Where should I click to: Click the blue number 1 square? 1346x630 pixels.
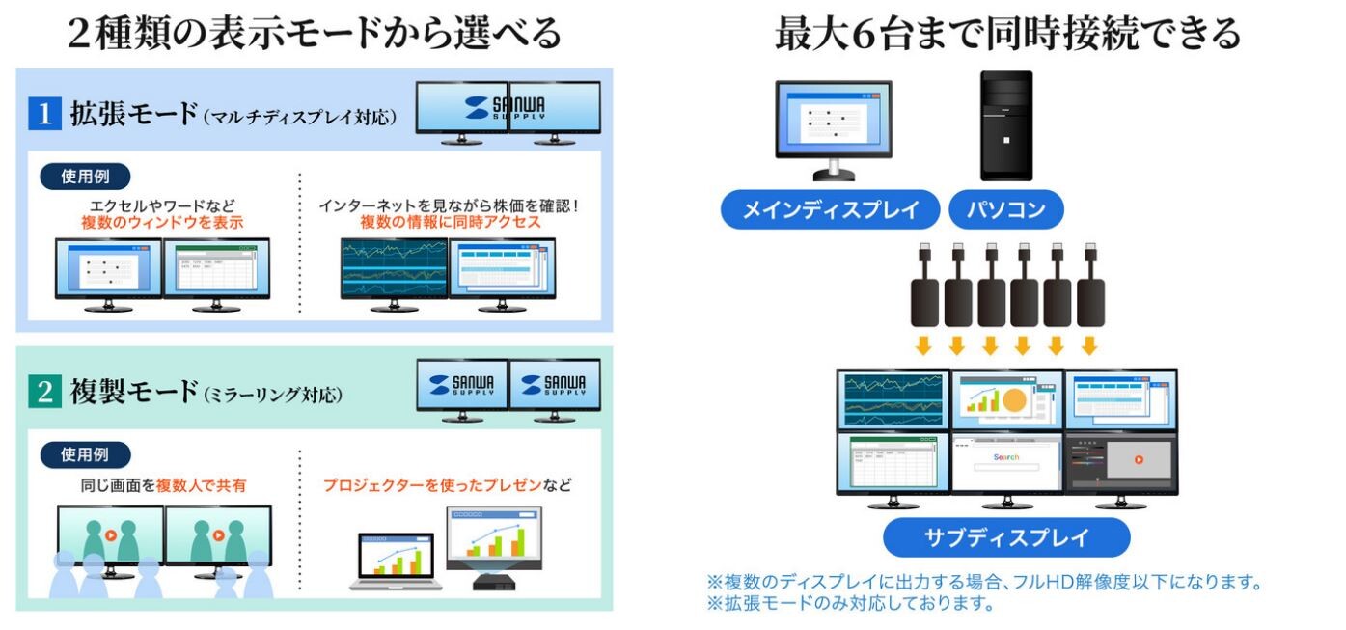click(44, 114)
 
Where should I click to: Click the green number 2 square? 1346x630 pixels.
click(44, 392)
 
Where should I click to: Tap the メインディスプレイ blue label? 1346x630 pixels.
click(830, 209)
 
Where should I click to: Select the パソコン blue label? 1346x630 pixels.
click(1006, 209)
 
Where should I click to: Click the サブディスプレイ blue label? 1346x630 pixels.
click(1006, 537)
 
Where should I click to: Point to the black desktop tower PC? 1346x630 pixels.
click(1006, 125)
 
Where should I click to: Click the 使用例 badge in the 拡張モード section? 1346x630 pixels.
click(85, 177)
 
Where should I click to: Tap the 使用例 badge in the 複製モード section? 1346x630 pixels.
click(85, 454)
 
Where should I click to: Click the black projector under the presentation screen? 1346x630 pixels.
click(493, 582)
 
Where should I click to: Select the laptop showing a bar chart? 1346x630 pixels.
click(396, 561)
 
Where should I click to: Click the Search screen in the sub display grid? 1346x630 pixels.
click(1006, 462)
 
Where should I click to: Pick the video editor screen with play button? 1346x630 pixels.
click(1120, 462)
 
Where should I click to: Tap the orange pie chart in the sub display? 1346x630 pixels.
click(1014, 400)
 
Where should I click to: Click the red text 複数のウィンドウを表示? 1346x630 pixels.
click(162, 222)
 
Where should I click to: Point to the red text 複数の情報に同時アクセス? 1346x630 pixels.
click(451, 222)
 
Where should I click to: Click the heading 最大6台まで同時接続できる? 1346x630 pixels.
click(1007, 33)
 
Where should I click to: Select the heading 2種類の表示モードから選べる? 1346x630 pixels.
click(315, 33)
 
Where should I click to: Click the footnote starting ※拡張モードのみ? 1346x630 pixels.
click(851, 603)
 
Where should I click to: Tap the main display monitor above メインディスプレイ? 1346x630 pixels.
click(834, 130)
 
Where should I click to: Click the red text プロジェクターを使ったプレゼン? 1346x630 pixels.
click(432, 484)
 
